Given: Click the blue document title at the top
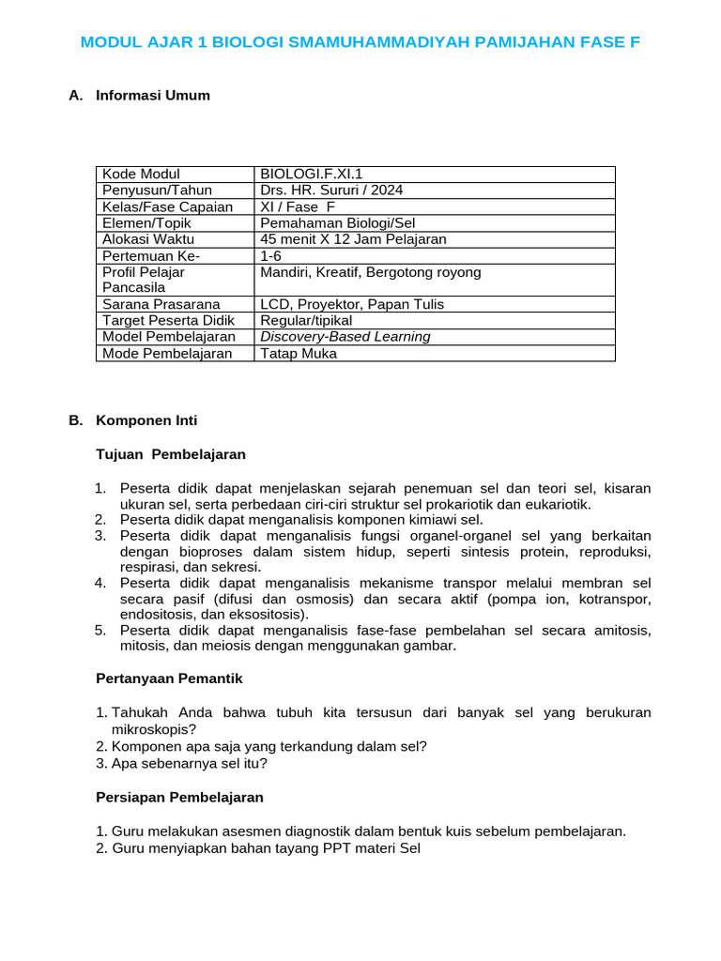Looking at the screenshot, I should [360, 42].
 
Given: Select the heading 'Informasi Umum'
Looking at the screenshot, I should [152, 96].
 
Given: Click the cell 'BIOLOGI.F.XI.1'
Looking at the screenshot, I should [311, 175].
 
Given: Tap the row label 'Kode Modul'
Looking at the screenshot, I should [141, 175].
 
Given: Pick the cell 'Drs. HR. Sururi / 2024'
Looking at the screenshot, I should [331, 191].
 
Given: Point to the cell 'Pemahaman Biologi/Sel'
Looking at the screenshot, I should [337, 223].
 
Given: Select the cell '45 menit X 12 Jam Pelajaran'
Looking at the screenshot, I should [353, 239].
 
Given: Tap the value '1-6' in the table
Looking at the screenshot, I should [270, 256].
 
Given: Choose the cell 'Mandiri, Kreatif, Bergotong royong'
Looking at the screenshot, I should [370, 272].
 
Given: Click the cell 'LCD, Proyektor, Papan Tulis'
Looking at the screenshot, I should [352, 304].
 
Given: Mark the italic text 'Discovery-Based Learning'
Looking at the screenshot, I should [345, 337].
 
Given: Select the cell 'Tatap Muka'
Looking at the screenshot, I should [298, 354].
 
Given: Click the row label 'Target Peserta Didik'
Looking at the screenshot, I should [168, 321].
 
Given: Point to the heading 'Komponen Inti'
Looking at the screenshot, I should [146, 420].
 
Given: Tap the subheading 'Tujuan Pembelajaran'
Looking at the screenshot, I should [171, 454].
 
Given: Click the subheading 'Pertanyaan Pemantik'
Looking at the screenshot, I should [170, 678].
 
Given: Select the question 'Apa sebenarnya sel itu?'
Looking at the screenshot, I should [189, 763].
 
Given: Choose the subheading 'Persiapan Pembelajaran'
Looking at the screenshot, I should [179, 797].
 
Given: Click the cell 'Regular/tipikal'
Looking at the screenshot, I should [306, 321].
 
